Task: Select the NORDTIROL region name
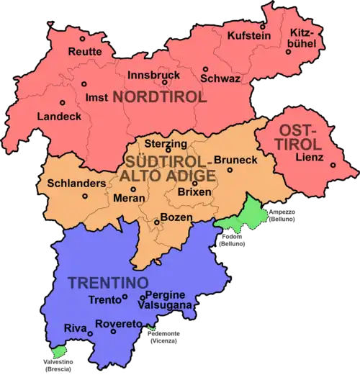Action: click(165, 97)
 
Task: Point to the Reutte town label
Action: click(85, 52)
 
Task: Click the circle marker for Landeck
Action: click(62, 102)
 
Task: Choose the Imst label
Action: click(96, 97)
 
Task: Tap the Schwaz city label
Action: click(220, 78)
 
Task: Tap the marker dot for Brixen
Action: click(194, 183)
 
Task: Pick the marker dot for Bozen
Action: click(156, 223)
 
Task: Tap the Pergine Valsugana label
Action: click(167, 300)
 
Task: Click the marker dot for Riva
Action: click(90, 333)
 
